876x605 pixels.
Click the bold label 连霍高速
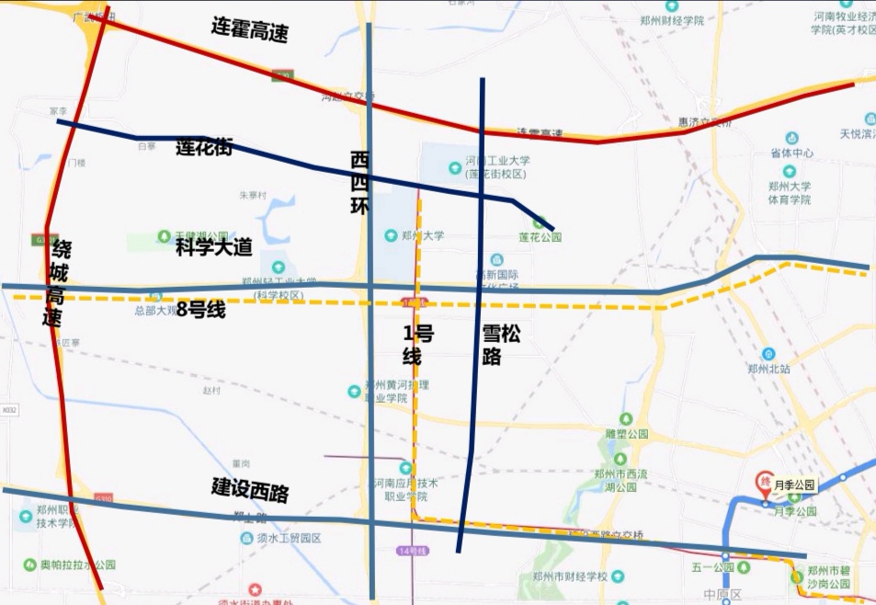click(249, 30)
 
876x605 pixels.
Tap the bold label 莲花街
click(203, 146)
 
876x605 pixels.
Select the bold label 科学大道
click(213, 246)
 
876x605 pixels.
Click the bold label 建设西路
click(250, 489)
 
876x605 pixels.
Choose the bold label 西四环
click(359, 184)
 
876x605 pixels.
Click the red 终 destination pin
click(763, 481)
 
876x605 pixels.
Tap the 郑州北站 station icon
click(768, 354)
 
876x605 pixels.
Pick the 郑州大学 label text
click(422, 235)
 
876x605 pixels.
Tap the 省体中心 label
click(791, 153)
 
